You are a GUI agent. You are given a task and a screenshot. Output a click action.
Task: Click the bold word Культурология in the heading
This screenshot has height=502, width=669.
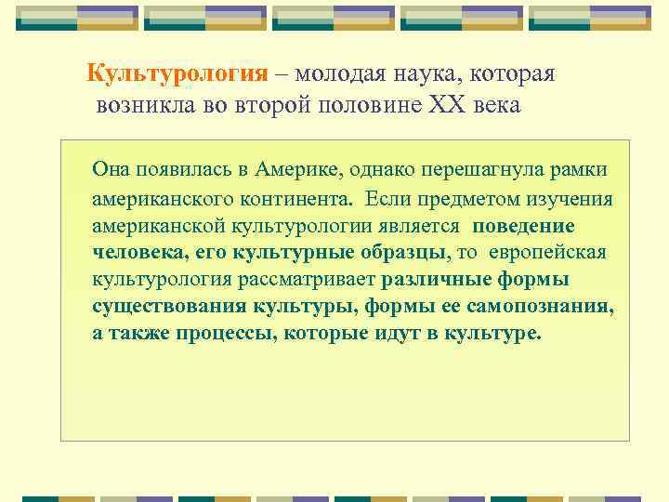pyautogui.click(x=177, y=74)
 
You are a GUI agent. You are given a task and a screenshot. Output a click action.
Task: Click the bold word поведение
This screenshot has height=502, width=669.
pyautogui.click(x=523, y=226)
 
